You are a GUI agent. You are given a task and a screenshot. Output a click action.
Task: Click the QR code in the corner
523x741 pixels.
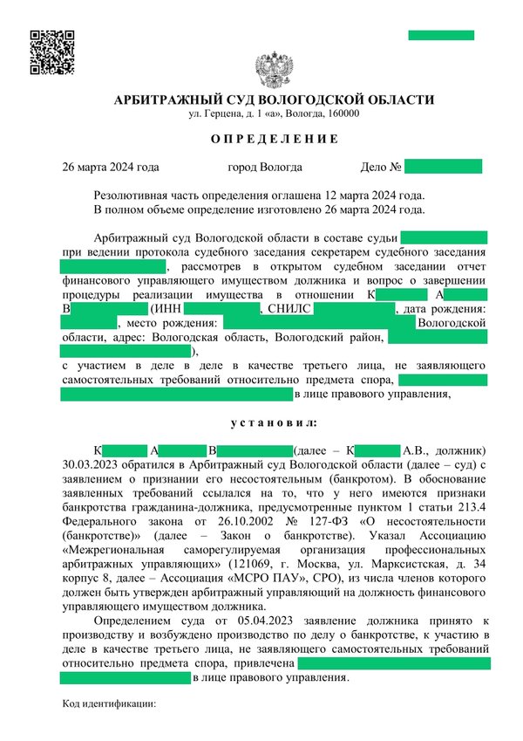pyautogui.click(x=51, y=51)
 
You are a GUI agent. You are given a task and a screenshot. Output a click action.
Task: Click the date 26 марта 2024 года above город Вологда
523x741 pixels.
pyautogui.click(x=110, y=167)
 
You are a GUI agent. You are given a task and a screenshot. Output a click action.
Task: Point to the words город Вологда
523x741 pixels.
pyautogui.click(x=265, y=167)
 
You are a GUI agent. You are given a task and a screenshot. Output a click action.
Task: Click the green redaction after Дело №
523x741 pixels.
pyautogui.click(x=443, y=167)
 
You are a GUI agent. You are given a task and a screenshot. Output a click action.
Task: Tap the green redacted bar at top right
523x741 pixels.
pyautogui.click(x=441, y=35)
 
